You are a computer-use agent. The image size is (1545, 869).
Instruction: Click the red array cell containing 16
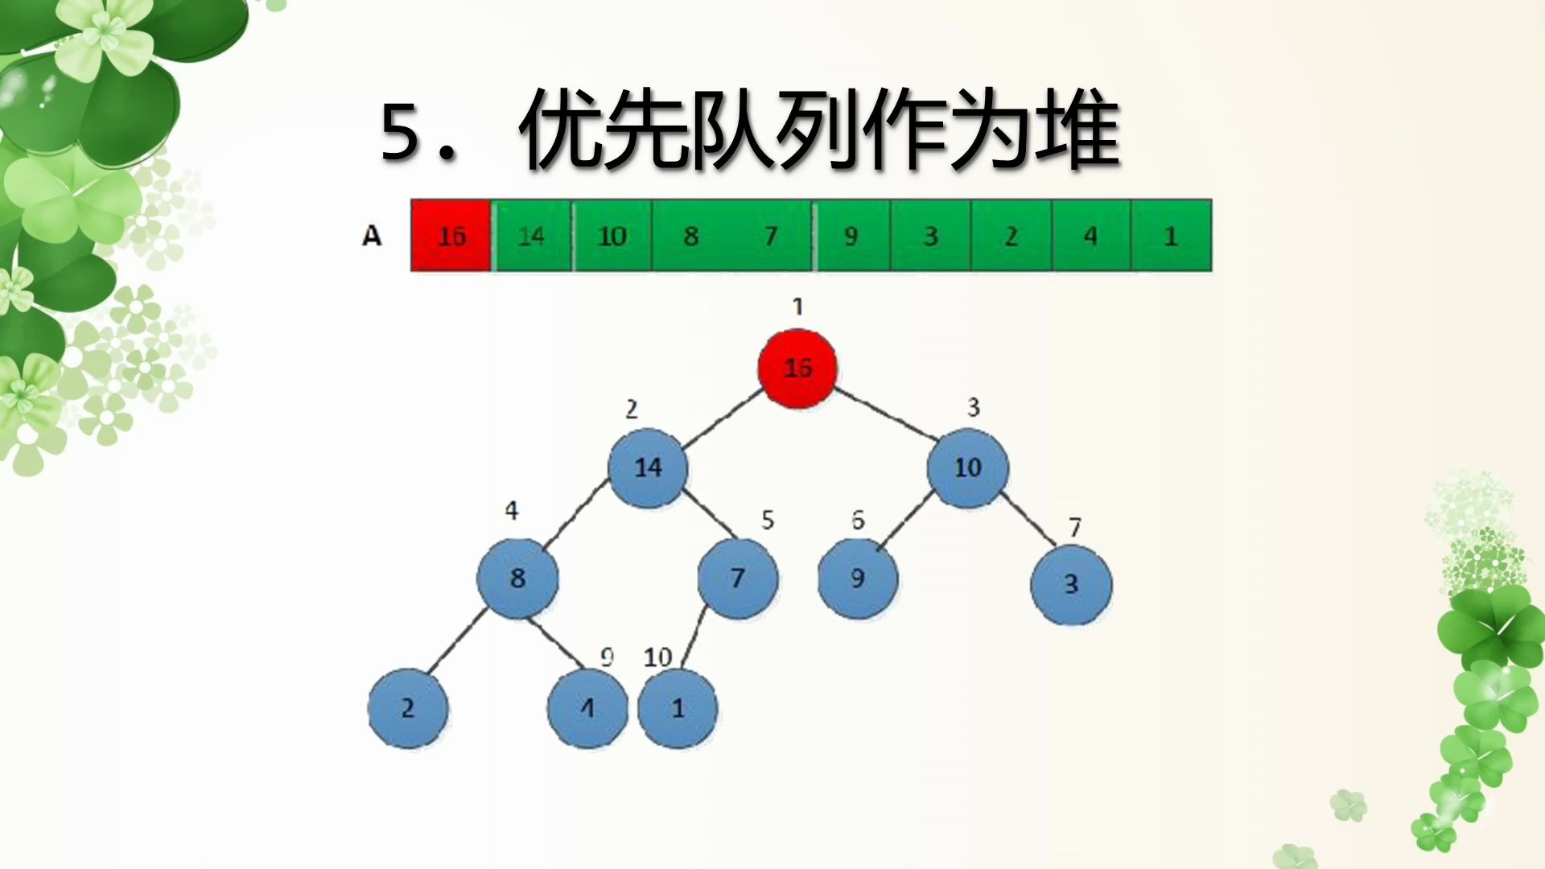[451, 235]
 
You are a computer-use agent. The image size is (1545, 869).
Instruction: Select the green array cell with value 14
[531, 235]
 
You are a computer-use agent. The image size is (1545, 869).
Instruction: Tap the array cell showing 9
[851, 235]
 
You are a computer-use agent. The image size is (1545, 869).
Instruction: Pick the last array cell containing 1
[1171, 235]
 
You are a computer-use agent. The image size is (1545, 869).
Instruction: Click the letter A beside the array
[371, 236]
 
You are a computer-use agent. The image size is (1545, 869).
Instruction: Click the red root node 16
[797, 369]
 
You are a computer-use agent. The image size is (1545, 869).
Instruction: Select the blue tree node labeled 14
[648, 467]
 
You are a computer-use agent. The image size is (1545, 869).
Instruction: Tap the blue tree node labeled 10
[967, 467]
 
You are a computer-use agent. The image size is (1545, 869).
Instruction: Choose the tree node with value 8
[517, 578]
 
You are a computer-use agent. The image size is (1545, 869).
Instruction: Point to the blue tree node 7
[738, 578]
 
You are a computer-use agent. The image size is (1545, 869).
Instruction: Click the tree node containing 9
[858, 578]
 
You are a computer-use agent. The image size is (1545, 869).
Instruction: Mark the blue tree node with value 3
[1071, 584]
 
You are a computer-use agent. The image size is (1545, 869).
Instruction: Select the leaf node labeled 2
[408, 708]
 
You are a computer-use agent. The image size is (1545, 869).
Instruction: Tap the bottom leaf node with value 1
[678, 708]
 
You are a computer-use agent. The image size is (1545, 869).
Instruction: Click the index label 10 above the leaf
[657, 657]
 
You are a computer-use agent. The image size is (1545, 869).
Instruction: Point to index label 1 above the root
[797, 307]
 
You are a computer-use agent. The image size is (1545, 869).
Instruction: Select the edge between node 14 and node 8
[576, 514]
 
